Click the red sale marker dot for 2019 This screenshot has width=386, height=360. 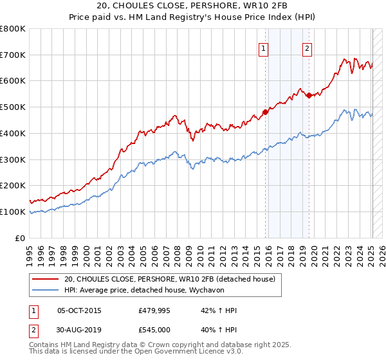tap(309, 95)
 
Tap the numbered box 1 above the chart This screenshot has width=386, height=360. tap(264, 48)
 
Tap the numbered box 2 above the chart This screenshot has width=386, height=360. tap(308, 48)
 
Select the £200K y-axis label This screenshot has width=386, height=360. tap(13, 186)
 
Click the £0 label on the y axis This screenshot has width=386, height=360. tap(19, 238)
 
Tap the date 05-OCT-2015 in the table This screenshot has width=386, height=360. tap(79, 310)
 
